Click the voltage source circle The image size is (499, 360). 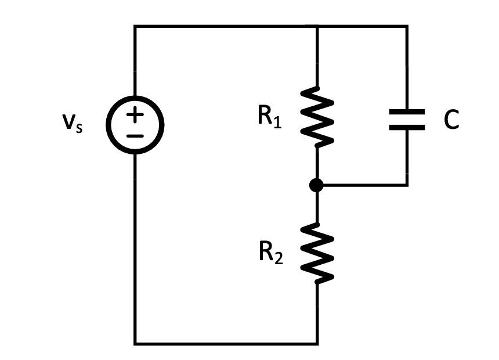click(135, 124)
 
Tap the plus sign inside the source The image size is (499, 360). click(135, 114)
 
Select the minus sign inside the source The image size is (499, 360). click(135, 136)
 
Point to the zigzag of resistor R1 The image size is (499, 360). click(317, 116)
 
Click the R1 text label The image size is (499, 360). click(270, 117)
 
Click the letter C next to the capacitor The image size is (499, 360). click(451, 120)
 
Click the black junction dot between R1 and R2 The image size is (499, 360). click(317, 185)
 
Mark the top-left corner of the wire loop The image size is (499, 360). click(135, 27)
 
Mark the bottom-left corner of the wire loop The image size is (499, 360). click(135, 343)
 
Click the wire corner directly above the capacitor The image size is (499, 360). click(407, 27)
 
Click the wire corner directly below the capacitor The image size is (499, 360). click(407, 185)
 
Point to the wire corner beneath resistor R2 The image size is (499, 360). click(317, 343)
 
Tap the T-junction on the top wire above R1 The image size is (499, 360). click(317, 27)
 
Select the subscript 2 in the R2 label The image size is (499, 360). click(279, 260)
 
